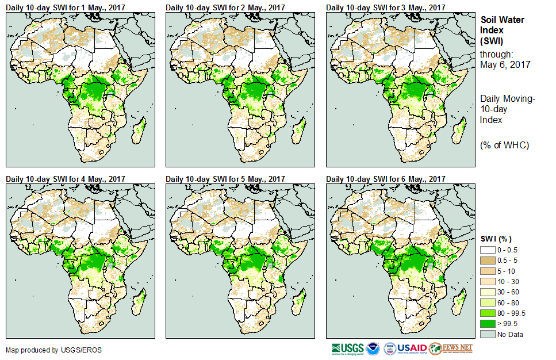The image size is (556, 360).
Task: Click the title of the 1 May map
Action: [x=66, y=7]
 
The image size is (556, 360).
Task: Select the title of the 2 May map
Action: [x=225, y=7]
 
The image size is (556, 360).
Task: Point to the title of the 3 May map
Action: [x=386, y=7]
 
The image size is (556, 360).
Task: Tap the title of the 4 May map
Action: [x=66, y=179]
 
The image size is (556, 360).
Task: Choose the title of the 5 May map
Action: [x=225, y=179]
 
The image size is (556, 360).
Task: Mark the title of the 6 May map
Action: [x=386, y=179]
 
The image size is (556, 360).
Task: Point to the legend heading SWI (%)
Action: [x=496, y=239]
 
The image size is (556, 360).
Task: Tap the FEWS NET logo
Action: [x=451, y=348]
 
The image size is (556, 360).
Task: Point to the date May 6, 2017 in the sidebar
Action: [x=505, y=64]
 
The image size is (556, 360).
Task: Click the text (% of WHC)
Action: [x=504, y=145]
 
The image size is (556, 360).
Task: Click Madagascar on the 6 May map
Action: [x=461, y=299]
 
